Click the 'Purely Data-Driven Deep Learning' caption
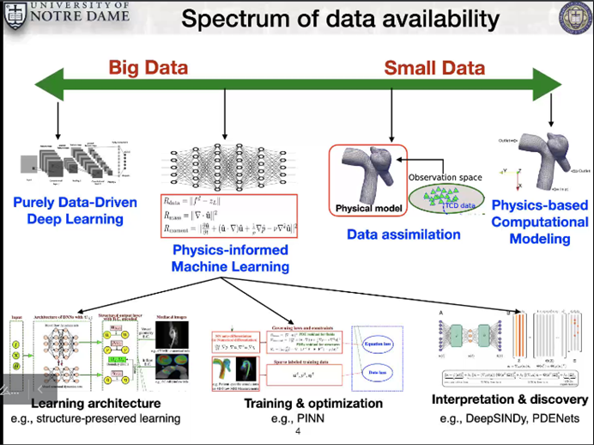point(69,210)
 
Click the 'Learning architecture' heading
point(95,403)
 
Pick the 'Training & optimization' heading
point(313,403)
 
